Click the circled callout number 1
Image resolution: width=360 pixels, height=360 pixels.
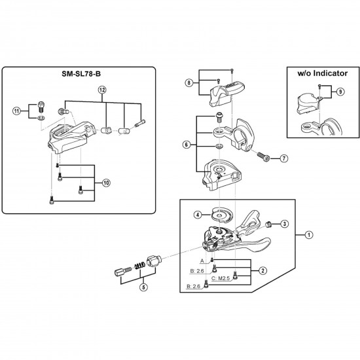coord(309,235)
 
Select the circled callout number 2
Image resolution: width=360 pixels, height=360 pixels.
coord(262,271)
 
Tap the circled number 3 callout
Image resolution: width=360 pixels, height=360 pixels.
coord(285,224)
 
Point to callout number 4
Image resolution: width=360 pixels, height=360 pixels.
coord(198,215)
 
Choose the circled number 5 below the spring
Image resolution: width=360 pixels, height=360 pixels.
coord(144,287)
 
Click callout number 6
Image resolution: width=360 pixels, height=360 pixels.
coord(186,145)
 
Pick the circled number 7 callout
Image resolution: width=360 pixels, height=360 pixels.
coord(284,158)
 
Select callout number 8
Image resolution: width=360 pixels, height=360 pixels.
coord(189,82)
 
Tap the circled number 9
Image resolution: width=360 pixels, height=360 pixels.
coord(340,92)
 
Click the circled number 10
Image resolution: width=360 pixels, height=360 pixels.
coord(106,183)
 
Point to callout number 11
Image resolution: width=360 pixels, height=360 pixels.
coord(16,111)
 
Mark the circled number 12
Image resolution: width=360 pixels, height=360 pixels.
coord(102,90)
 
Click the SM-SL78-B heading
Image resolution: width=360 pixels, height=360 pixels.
coord(81,74)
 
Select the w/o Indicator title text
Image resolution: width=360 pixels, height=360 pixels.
coord(322,73)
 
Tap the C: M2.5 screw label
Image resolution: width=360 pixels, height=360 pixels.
coord(221,278)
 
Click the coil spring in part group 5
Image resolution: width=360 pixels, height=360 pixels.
coord(139,266)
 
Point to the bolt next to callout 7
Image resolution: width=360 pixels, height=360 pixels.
coord(264,157)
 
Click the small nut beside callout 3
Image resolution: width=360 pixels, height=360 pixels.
coord(268,224)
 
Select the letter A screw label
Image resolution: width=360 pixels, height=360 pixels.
coord(202,261)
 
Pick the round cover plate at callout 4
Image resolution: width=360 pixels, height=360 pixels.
coord(222,215)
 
